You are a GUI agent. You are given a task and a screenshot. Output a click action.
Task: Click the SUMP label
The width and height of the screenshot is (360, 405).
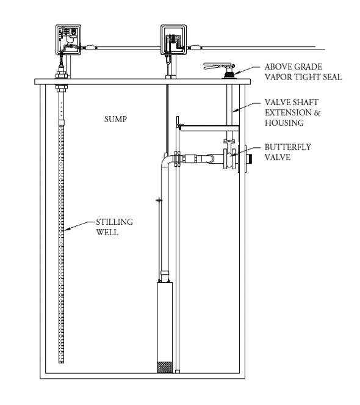115,119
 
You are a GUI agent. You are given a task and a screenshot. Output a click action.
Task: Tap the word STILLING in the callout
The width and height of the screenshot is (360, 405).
114,222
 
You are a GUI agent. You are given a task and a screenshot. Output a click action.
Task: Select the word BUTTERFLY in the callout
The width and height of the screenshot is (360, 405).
287,147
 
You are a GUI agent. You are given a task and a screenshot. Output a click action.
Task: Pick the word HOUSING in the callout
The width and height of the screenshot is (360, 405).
284,123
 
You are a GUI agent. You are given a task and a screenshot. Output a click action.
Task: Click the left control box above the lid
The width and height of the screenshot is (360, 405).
68,40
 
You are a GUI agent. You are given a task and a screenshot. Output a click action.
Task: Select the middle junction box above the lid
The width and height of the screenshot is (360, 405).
173,40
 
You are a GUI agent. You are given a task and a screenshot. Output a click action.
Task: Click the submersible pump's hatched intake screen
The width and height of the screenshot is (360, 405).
165,367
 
